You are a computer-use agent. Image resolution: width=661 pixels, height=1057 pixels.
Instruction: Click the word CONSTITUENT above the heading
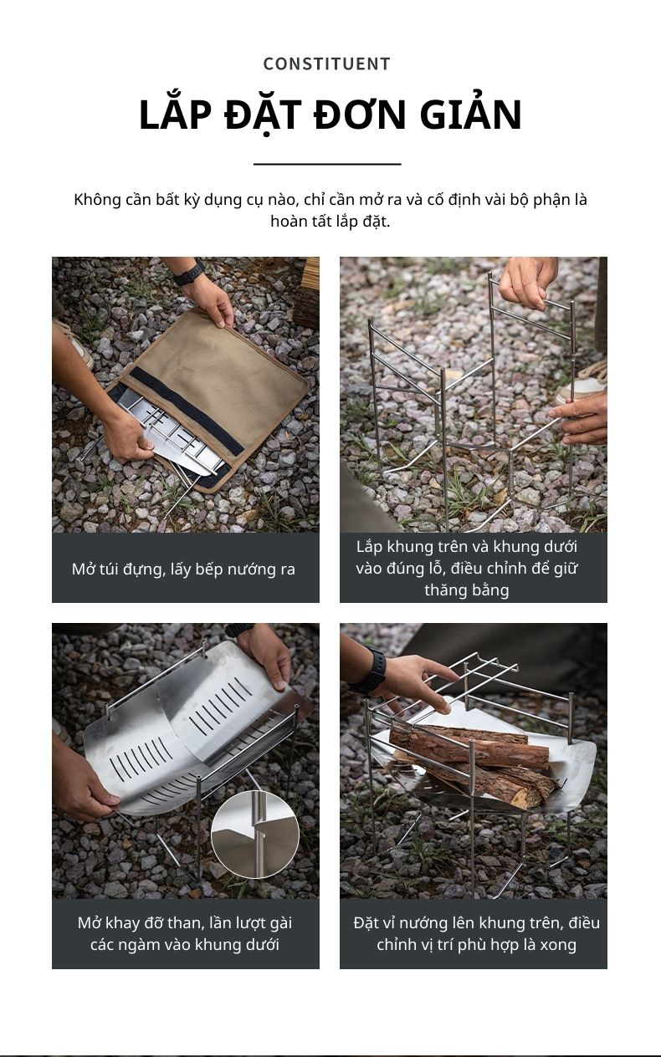point(326,64)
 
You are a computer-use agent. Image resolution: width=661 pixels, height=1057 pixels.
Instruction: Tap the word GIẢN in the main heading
point(471,115)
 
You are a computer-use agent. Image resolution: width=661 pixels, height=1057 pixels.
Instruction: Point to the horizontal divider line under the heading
point(327,164)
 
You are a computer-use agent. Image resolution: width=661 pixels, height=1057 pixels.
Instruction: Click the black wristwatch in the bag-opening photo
point(189,273)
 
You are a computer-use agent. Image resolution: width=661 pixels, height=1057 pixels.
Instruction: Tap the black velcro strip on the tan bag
point(187,410)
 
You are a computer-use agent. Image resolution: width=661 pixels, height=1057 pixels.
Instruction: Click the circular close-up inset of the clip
point(255,835)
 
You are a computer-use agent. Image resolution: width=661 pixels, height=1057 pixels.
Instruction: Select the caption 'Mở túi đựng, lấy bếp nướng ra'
point(183,569)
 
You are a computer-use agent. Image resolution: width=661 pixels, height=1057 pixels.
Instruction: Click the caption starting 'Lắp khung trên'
point(467,568)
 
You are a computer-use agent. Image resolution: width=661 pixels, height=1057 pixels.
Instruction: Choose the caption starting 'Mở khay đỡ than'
point(185,933)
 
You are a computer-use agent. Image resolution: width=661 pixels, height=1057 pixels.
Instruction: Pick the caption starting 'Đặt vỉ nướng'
point(476,933)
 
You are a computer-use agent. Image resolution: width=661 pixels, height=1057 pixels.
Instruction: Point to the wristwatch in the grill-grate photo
point(373,670)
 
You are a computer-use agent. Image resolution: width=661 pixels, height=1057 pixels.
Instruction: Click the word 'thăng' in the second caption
point(443,590)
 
